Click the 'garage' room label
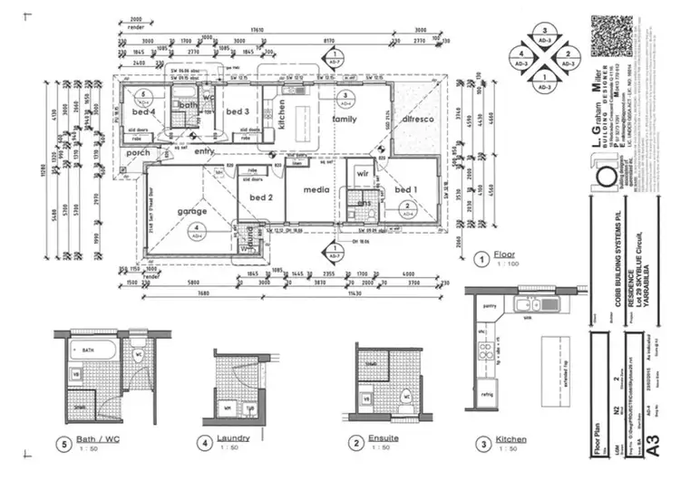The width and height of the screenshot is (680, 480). point(191,212)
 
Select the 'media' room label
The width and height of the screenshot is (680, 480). point(316,191)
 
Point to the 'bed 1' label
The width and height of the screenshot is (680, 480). point(404,189)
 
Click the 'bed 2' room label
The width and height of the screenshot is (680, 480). point(261,197)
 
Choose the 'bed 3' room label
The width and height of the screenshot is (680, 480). point(237,111)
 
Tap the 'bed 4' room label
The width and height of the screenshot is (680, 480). point(146,111)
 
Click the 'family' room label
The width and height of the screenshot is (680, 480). point(345,119)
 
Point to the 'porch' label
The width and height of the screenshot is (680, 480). point(139,152)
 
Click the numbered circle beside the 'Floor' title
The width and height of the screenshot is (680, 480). point(481,258)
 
